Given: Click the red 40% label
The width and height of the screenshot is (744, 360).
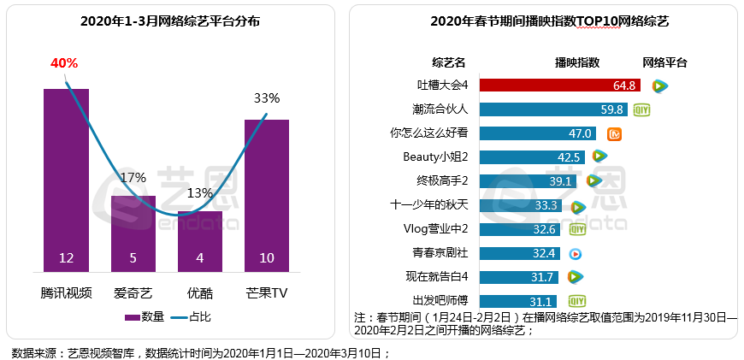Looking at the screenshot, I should click(x=64, y=63).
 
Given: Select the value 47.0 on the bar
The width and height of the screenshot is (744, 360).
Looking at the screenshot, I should click(x=582, y=133).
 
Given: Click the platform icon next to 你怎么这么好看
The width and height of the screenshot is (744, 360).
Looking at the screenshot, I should click(x=614, y=133).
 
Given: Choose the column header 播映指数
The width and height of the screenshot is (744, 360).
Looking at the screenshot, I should click(x=577, y=62).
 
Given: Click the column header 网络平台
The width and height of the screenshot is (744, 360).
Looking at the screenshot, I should click(x=664, y=62).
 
